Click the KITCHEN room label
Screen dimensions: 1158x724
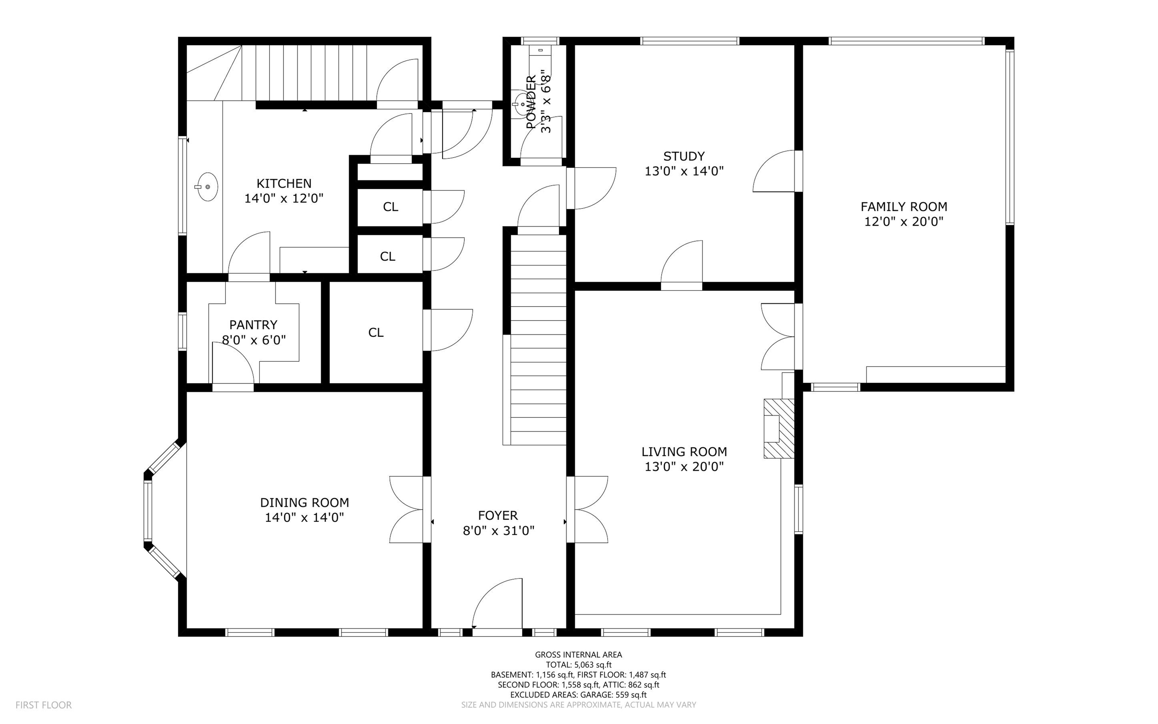(x=284, y=183)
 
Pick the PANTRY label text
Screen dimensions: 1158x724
(x=253, y=325)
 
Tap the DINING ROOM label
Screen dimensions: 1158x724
(x=304, y=502)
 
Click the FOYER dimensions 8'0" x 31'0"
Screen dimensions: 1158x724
(x=498, y=531)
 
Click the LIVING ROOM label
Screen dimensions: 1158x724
(x=684, y=451)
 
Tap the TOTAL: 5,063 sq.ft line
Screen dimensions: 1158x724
(x=579, y=665)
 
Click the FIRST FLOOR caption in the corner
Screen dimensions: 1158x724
(x=44, y=705)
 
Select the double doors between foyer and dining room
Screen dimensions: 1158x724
(x=407, y=509)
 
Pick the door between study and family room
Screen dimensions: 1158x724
(x=774, y=171)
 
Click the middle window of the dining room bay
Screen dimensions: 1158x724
(x=148, y=511)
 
